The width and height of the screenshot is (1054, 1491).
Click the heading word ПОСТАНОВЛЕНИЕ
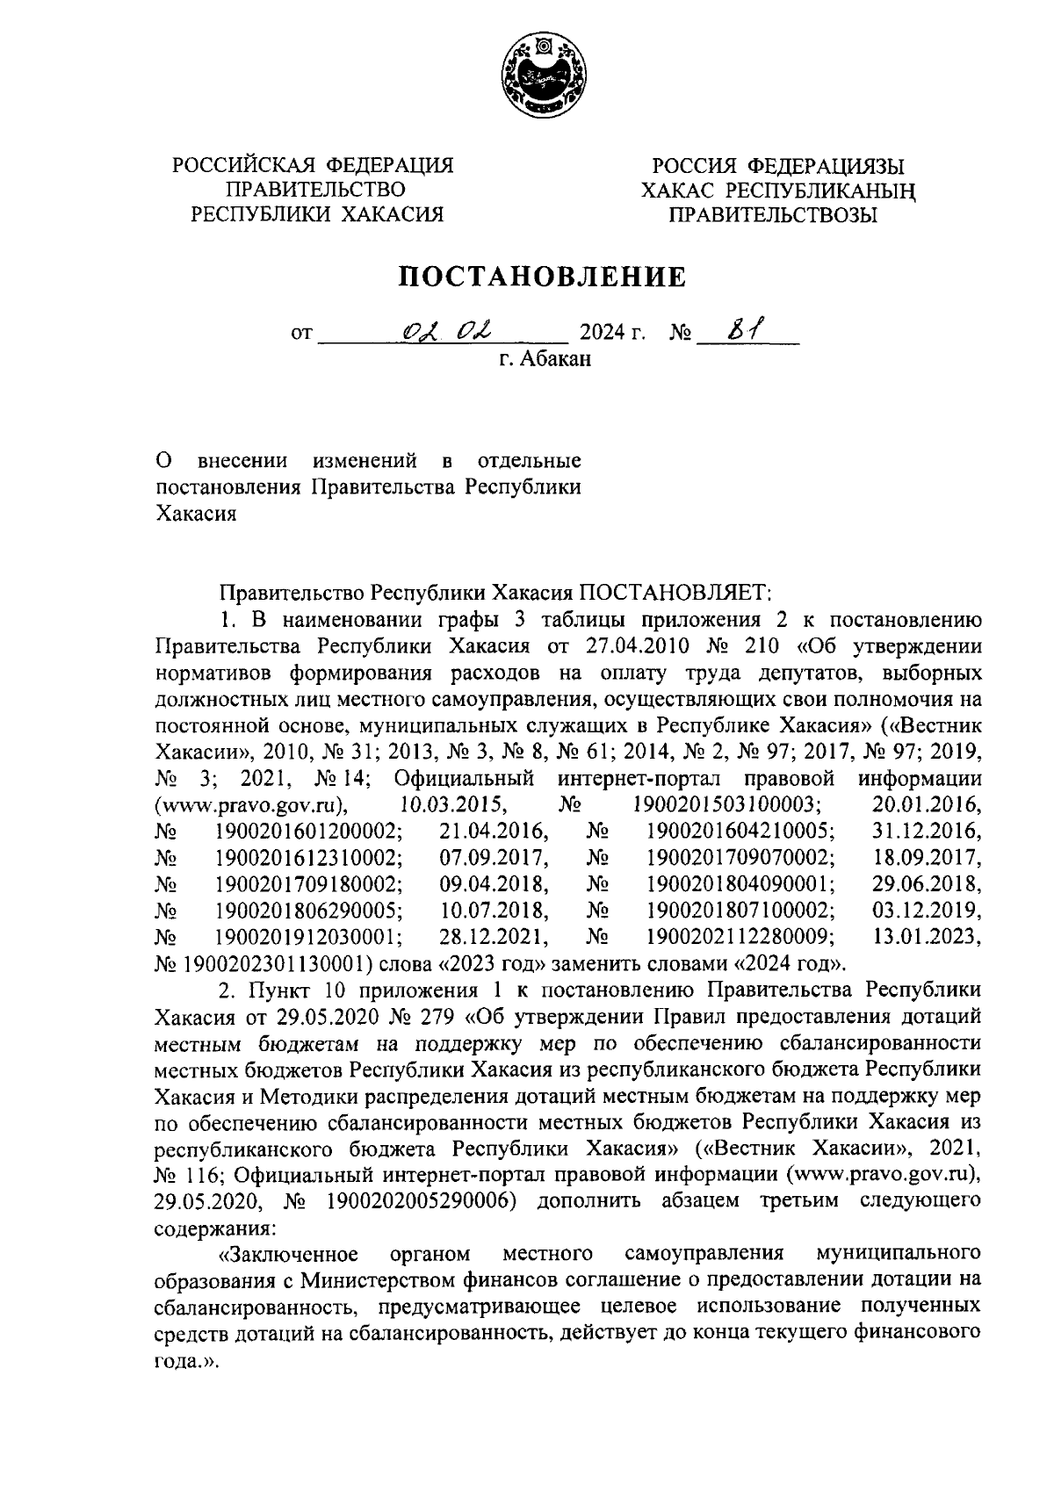pyautogui.click(x=543, y=277)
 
